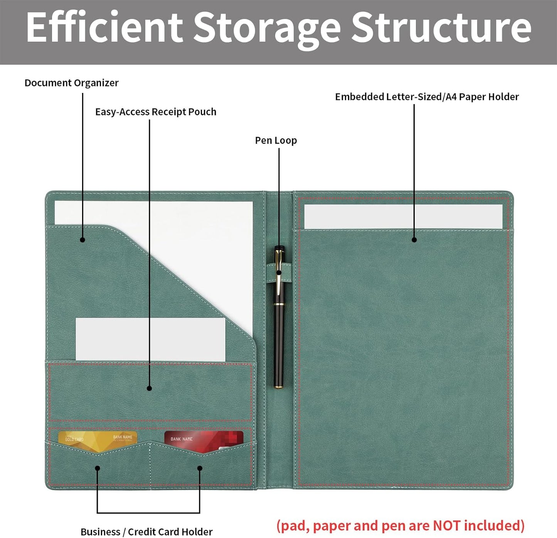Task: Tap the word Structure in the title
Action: [x=441, y=27]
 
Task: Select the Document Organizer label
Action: [x=71, y=83]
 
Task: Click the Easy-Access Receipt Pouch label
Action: [x=156, y=112]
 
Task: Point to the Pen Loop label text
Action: [x=276, y=140]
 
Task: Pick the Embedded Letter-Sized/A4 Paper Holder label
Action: [x=427, y=97]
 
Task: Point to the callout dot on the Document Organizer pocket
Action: [x=82, y=240]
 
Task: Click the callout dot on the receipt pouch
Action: [x=149, y=388]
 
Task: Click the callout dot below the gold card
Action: [x=97, y=468]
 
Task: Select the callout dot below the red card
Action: [x=200, y=468]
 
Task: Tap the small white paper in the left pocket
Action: [x=151, y=339]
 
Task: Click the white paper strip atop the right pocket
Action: [x=403, y=217]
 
